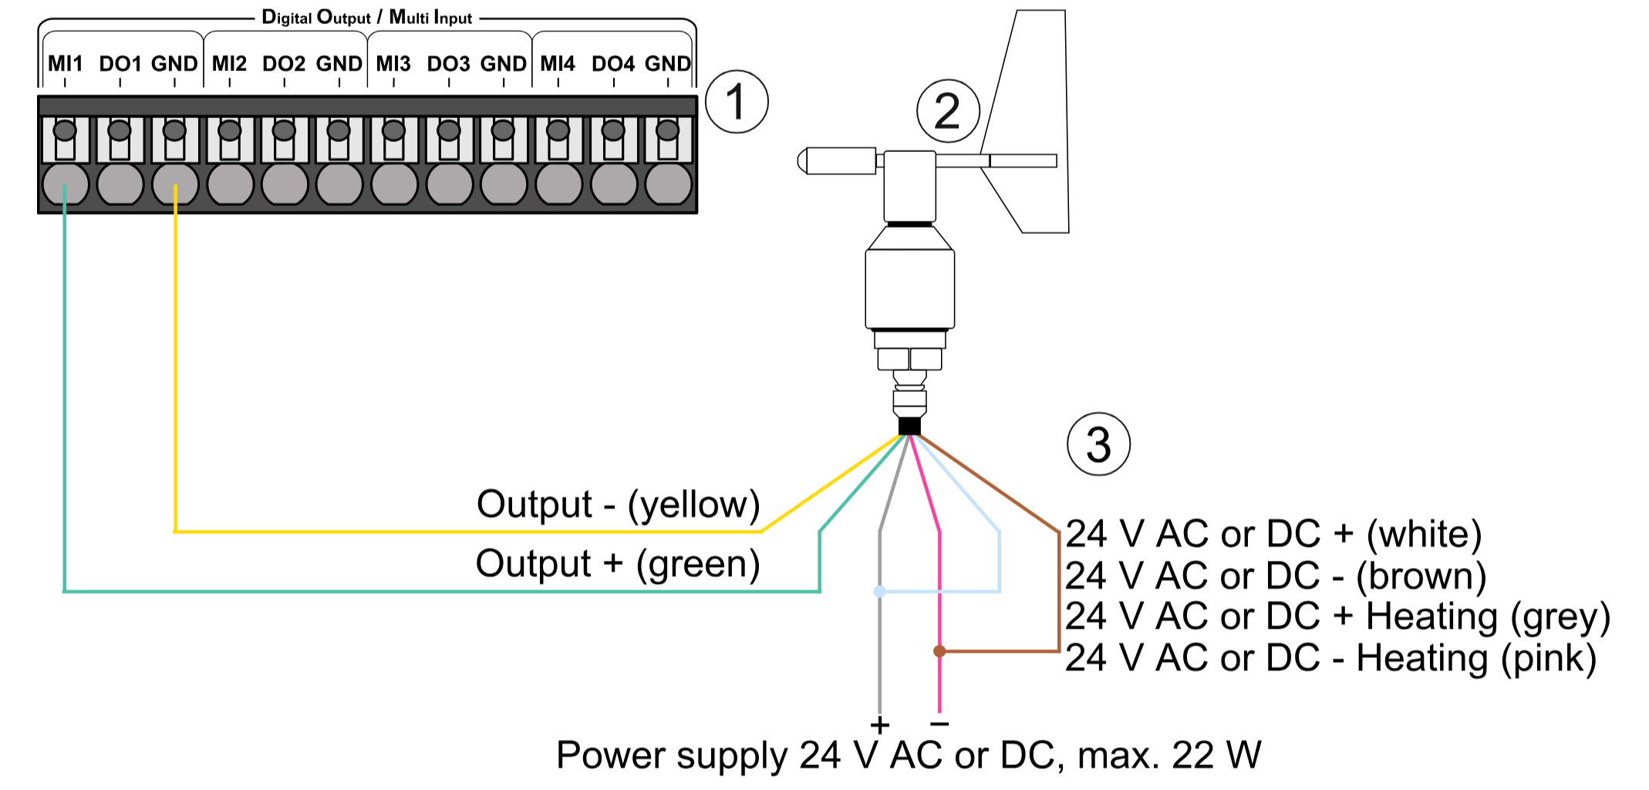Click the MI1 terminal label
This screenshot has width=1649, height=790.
click(65, 63)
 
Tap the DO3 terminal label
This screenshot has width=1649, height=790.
click(448, 63)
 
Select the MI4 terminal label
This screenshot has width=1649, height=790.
click(557, 63)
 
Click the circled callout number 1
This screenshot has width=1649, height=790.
click(737, 102)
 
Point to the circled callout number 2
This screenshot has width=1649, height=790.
click(948, 111)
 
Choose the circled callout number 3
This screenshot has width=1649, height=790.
click(1098, 444)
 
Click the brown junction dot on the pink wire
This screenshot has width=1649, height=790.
click(939, 651)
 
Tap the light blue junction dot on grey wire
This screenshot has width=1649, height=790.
click(879, 592)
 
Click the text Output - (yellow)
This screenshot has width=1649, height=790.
click(618, 505)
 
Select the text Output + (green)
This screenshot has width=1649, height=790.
click(618, 563)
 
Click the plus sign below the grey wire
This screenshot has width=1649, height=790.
click(879, 724)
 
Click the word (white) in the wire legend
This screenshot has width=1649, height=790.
click(1424, 534)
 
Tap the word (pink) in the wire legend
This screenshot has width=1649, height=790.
click(1548, 658)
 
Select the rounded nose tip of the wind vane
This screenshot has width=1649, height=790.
click(802, 161)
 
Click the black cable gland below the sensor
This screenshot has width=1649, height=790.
click(910, 426)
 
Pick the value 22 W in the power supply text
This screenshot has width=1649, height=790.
click(1216, 755)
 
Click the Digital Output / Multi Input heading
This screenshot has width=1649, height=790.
click(366, 17)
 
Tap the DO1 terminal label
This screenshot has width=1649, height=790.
click(120, 63)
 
